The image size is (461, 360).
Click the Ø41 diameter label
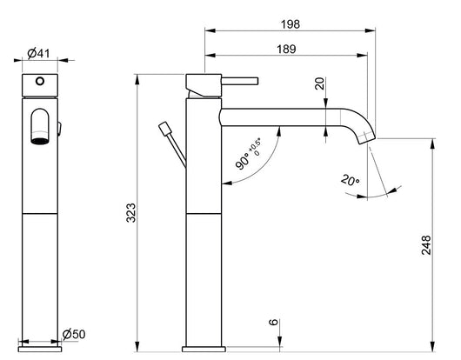pyautogui.click(x=37, y=53)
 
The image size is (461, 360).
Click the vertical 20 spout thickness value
pyautogui.click(x=319, y=84)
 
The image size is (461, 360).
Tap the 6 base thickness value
pyautogui.click(x=275, y=323)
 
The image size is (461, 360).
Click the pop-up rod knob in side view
pyautogui.click(x=162, y=130)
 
